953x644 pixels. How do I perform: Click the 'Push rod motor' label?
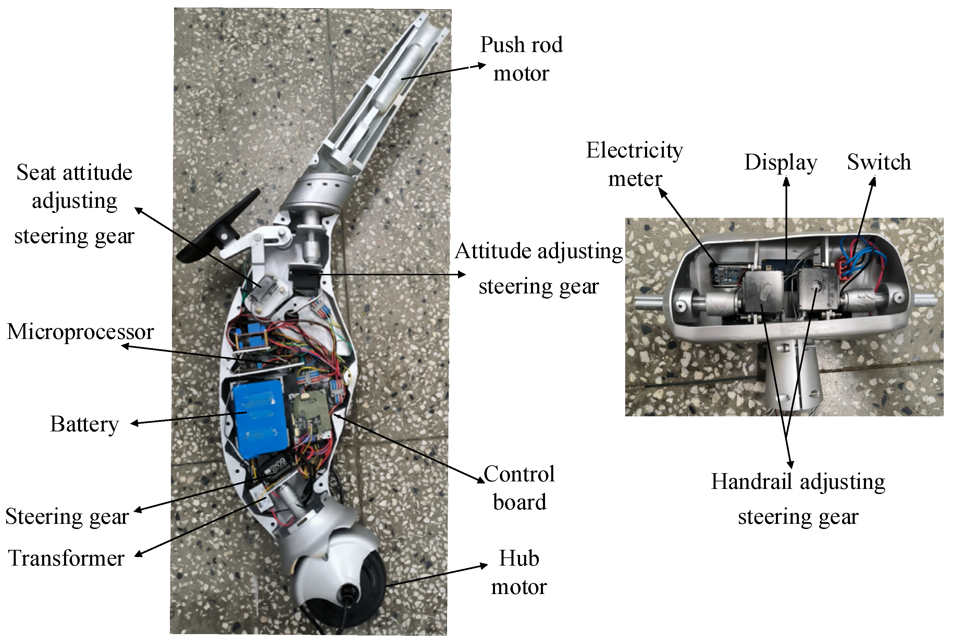tap(521, 59)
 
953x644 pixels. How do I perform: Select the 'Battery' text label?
tap(85, 424)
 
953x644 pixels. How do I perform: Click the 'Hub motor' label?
tap(519, 572)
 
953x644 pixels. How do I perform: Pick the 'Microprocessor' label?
tap(81, 332)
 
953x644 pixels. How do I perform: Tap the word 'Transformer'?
tap(66, 558)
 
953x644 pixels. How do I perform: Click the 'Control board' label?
tap(519, 488)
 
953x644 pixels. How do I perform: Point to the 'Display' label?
tap(780, 162)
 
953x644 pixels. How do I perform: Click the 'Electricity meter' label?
tap(634, 164)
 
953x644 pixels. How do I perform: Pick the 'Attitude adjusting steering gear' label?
tap(539, 268)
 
